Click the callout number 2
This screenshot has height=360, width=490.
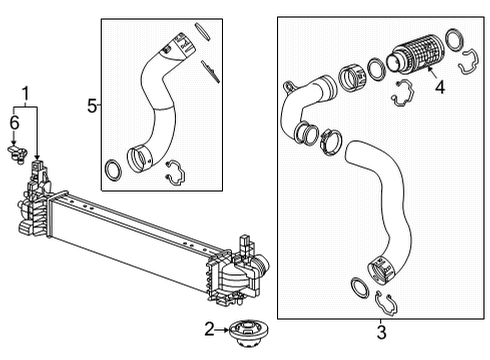(210, 328)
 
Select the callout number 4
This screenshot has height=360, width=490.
(438, 87)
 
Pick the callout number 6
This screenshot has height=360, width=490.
(14, 122)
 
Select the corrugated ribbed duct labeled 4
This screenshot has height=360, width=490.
(417, 51)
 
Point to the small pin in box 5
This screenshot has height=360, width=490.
(210, 69)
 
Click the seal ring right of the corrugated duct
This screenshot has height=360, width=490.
(454, 40)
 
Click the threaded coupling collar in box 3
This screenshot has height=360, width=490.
(352, 77)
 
